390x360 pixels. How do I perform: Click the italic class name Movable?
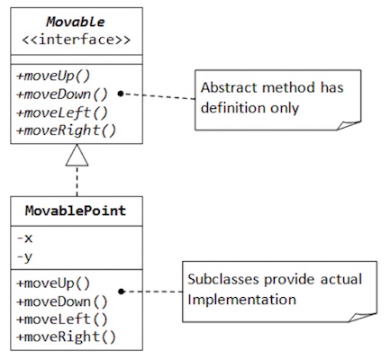(76, 22)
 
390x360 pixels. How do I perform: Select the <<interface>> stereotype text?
(77, 40)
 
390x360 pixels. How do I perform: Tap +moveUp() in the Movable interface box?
(53, 76)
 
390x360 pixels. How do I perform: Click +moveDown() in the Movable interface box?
(62, 94)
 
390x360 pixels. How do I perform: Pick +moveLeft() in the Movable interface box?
(62, 112)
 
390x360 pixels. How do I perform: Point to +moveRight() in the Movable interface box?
(67, 130)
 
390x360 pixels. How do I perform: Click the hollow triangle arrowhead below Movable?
(77, 155)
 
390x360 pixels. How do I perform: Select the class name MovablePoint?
(76, 211)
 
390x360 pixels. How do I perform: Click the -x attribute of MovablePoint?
(24, 238)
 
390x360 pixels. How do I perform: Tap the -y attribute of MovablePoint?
(24, 257)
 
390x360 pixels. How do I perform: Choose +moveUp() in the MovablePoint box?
(53, 283)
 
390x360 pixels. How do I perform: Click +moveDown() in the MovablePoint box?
(62, 301)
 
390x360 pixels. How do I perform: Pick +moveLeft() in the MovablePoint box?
(62, 319)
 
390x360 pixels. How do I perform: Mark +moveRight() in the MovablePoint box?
(67, 337)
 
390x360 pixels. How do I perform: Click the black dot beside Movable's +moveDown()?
(121, 94)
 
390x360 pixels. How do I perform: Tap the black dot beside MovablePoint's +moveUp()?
(122, 292)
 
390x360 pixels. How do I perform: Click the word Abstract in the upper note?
(229, 87)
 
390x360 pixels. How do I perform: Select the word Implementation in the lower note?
(242, 300)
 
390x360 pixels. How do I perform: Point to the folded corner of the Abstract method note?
(349, 126)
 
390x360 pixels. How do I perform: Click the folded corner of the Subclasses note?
(362, 318)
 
